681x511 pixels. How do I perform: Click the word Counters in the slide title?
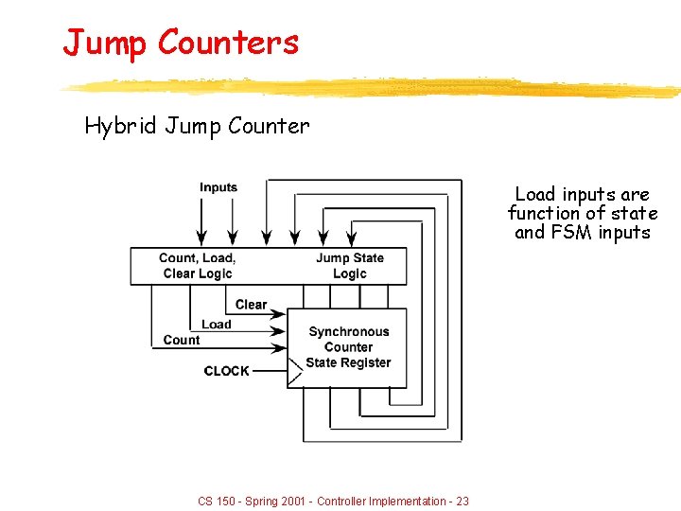click(x=228, y=42)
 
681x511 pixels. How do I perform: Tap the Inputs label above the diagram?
click(x=218, y=187)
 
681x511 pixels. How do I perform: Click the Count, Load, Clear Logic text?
click(x=197, y=266)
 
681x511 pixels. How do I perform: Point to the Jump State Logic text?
click(x=350, y=266)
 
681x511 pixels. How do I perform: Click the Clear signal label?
click(x=251, y=305)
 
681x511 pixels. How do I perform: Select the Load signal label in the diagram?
click(x=216, y=325)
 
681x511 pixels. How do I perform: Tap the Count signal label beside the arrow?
click(x=182, y=340)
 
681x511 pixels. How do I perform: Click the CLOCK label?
click(x=227, y=371)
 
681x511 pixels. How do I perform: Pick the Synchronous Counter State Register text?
click(x=348, y=347)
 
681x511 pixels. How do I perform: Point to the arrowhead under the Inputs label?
click(x=201, y=237)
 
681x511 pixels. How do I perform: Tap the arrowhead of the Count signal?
click(x=280, y=346)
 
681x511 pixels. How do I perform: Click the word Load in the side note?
click(x=534, y=194)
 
